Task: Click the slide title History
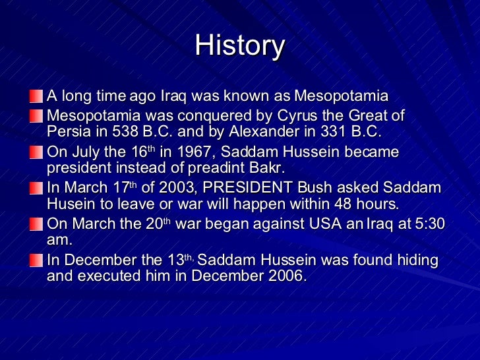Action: pos(240,45)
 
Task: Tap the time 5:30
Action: pos(429,224)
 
